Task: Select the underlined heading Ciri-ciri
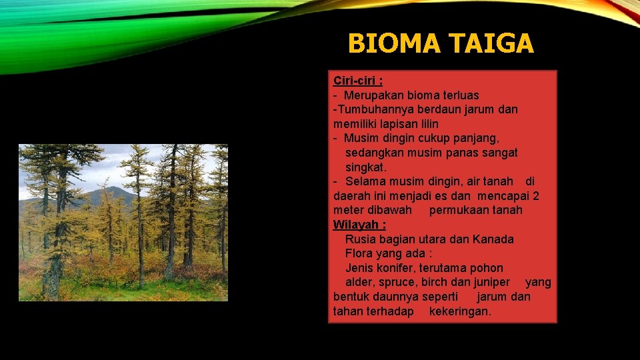pyautogui.click(x=358, y=81)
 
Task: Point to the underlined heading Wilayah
pyautogui.click(x=359, y=225)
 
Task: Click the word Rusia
pyautogui.click(x=361, y=239)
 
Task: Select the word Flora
pyautogui.click(x=360, y=253)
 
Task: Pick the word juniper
pyautogui.click(x=489, y=282)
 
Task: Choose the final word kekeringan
pyautogui.click(x=459, y=311)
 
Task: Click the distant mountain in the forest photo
pyautogui.click(x=113, y=195)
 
